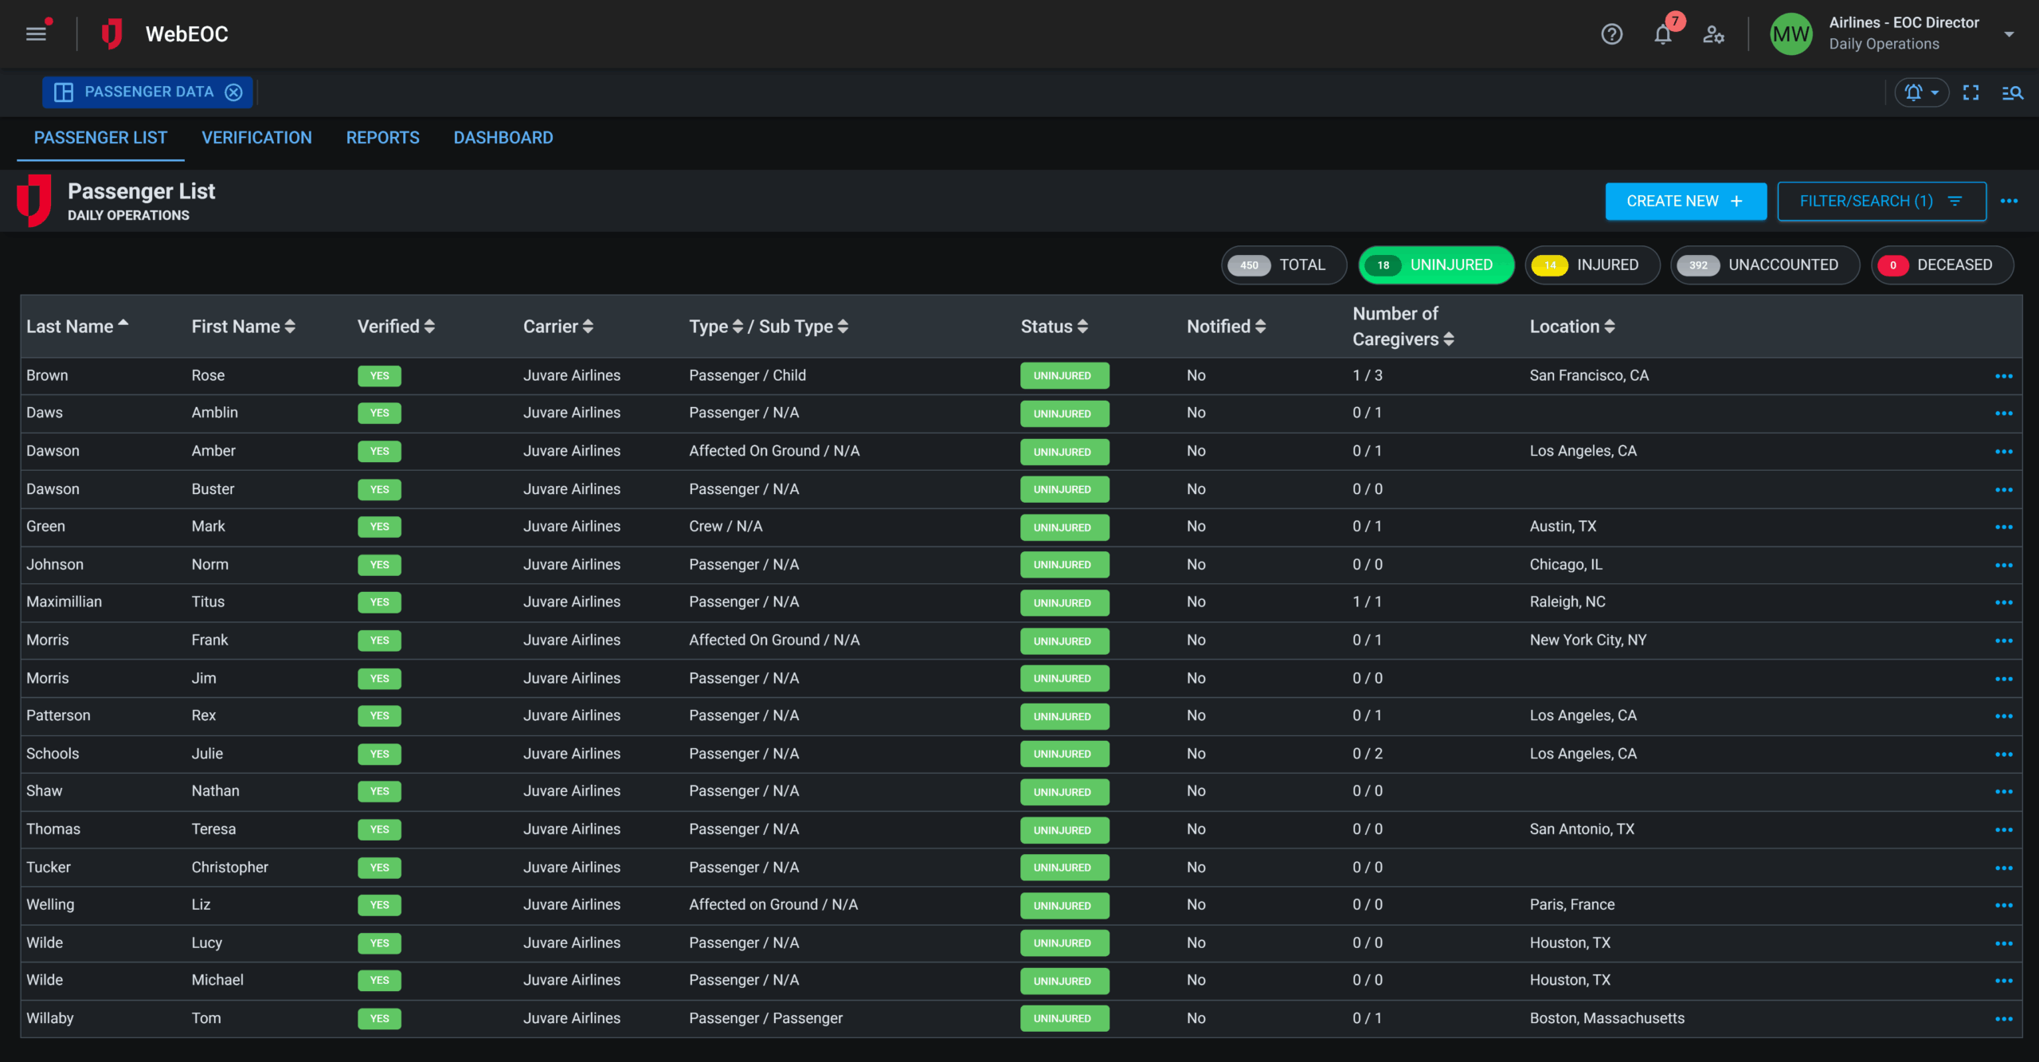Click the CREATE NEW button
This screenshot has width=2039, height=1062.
click(1685, 202)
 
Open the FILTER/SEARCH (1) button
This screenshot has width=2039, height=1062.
click(1880, 202)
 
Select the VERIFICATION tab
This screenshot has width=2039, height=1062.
click(256, 138)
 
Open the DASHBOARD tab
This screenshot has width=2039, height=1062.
click(503, 138)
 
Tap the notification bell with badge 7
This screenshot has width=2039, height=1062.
click(1662, 34)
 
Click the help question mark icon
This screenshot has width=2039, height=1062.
click(1611, 34)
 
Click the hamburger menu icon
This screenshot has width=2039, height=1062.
click(36, 34)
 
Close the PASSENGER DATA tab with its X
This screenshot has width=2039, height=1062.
click(233, 92)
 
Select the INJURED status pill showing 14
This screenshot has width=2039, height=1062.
click(1591, 265)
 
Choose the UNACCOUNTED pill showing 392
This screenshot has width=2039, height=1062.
click(1764, 265)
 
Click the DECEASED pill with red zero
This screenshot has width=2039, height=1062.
click(1941, 265)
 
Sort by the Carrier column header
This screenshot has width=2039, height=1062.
click(558, 327)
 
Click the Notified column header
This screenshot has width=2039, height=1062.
click(1225, 327)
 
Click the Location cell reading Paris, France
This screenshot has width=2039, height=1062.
click(1571, 905)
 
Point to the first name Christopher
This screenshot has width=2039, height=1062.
click(229, 868)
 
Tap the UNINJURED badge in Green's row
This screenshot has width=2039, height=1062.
click(1063, 527)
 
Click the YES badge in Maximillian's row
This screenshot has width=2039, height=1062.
click(379, 602)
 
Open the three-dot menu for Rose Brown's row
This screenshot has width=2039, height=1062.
click(2003, 376)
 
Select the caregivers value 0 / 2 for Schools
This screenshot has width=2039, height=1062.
click(1367, 754)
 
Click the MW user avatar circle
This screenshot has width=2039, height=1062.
click(1790, 34)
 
